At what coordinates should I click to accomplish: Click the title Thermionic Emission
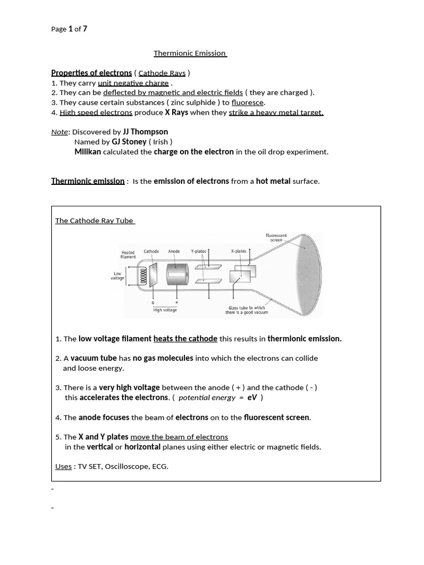[190, 53]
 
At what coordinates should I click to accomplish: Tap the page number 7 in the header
[84, 29]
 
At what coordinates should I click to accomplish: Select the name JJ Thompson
[145, 132]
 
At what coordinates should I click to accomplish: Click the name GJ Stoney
[129, 142]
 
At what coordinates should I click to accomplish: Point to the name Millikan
[88, 152]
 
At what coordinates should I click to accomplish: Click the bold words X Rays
[177, 113]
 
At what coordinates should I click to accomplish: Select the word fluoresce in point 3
[248, 103]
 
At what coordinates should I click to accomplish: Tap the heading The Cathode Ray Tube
[94, 221]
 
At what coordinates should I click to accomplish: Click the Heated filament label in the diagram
[128, 255]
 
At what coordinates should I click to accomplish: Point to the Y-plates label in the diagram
[198, 252]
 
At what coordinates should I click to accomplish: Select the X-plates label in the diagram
[239, 252]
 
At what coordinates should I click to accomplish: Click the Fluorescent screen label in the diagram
[276, 238]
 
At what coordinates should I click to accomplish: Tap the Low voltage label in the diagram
[118, 276]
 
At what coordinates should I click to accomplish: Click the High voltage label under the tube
[165, 310]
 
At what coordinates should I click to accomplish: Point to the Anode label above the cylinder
[174, 252]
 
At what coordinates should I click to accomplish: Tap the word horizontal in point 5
[142, 447]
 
